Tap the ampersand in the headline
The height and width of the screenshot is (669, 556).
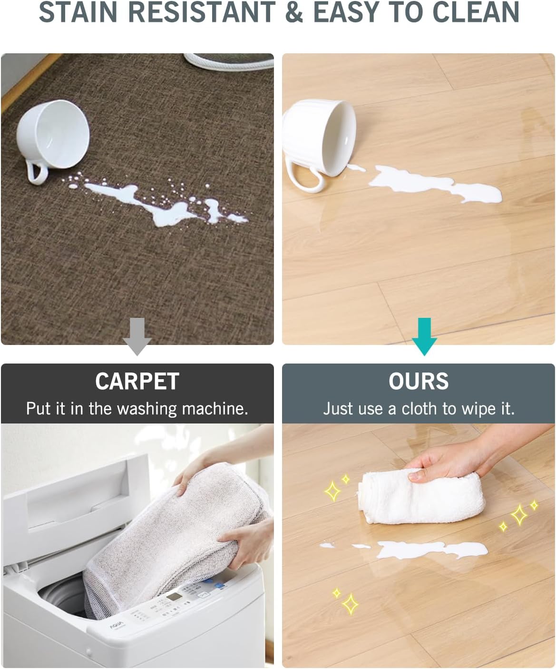pos(294,12)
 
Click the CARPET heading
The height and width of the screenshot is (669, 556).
pos(137,382)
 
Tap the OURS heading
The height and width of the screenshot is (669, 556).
pos(419,382)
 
